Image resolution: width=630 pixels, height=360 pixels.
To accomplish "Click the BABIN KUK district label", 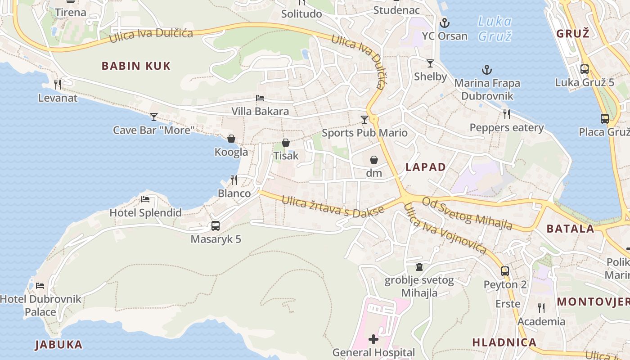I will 136,66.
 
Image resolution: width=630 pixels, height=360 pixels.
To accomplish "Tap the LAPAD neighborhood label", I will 426,167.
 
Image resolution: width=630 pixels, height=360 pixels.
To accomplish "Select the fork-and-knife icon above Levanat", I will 58,84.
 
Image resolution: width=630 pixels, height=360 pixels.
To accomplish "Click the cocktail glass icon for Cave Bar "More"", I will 154,117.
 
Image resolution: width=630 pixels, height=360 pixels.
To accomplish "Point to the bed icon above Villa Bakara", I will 260,98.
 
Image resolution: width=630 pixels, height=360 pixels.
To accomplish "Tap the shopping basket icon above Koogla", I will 231,139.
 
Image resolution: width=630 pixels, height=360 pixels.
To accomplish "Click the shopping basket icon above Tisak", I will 286,143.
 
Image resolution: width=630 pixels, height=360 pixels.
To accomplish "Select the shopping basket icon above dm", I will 374,160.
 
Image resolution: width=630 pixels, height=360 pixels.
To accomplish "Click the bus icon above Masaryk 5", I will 216,226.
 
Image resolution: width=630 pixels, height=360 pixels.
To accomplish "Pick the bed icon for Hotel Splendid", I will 145,199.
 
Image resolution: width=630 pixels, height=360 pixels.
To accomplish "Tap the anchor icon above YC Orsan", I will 445,22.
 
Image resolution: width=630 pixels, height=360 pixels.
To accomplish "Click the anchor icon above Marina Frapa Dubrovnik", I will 486,70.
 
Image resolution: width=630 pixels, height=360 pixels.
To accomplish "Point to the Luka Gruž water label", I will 495,28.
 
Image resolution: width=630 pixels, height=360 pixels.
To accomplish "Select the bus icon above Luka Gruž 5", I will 585,69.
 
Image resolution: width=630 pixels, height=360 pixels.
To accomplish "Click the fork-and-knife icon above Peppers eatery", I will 507,114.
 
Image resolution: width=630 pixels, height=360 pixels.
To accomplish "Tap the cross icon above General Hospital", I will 373,339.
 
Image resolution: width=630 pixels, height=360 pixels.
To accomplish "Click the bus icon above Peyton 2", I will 505,271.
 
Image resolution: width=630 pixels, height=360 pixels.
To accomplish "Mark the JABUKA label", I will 59,345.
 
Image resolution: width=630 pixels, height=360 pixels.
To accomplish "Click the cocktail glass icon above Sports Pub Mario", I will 364,120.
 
